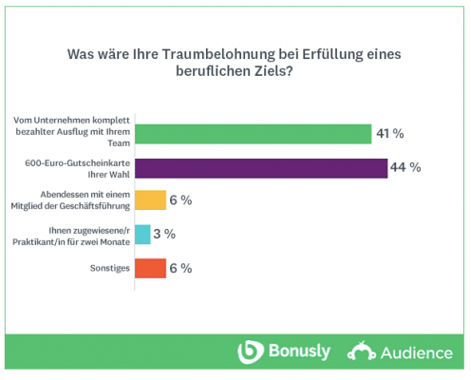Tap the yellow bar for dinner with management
coord(151,200)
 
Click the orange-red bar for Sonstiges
coord(151,268)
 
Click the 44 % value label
coord(405,168)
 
